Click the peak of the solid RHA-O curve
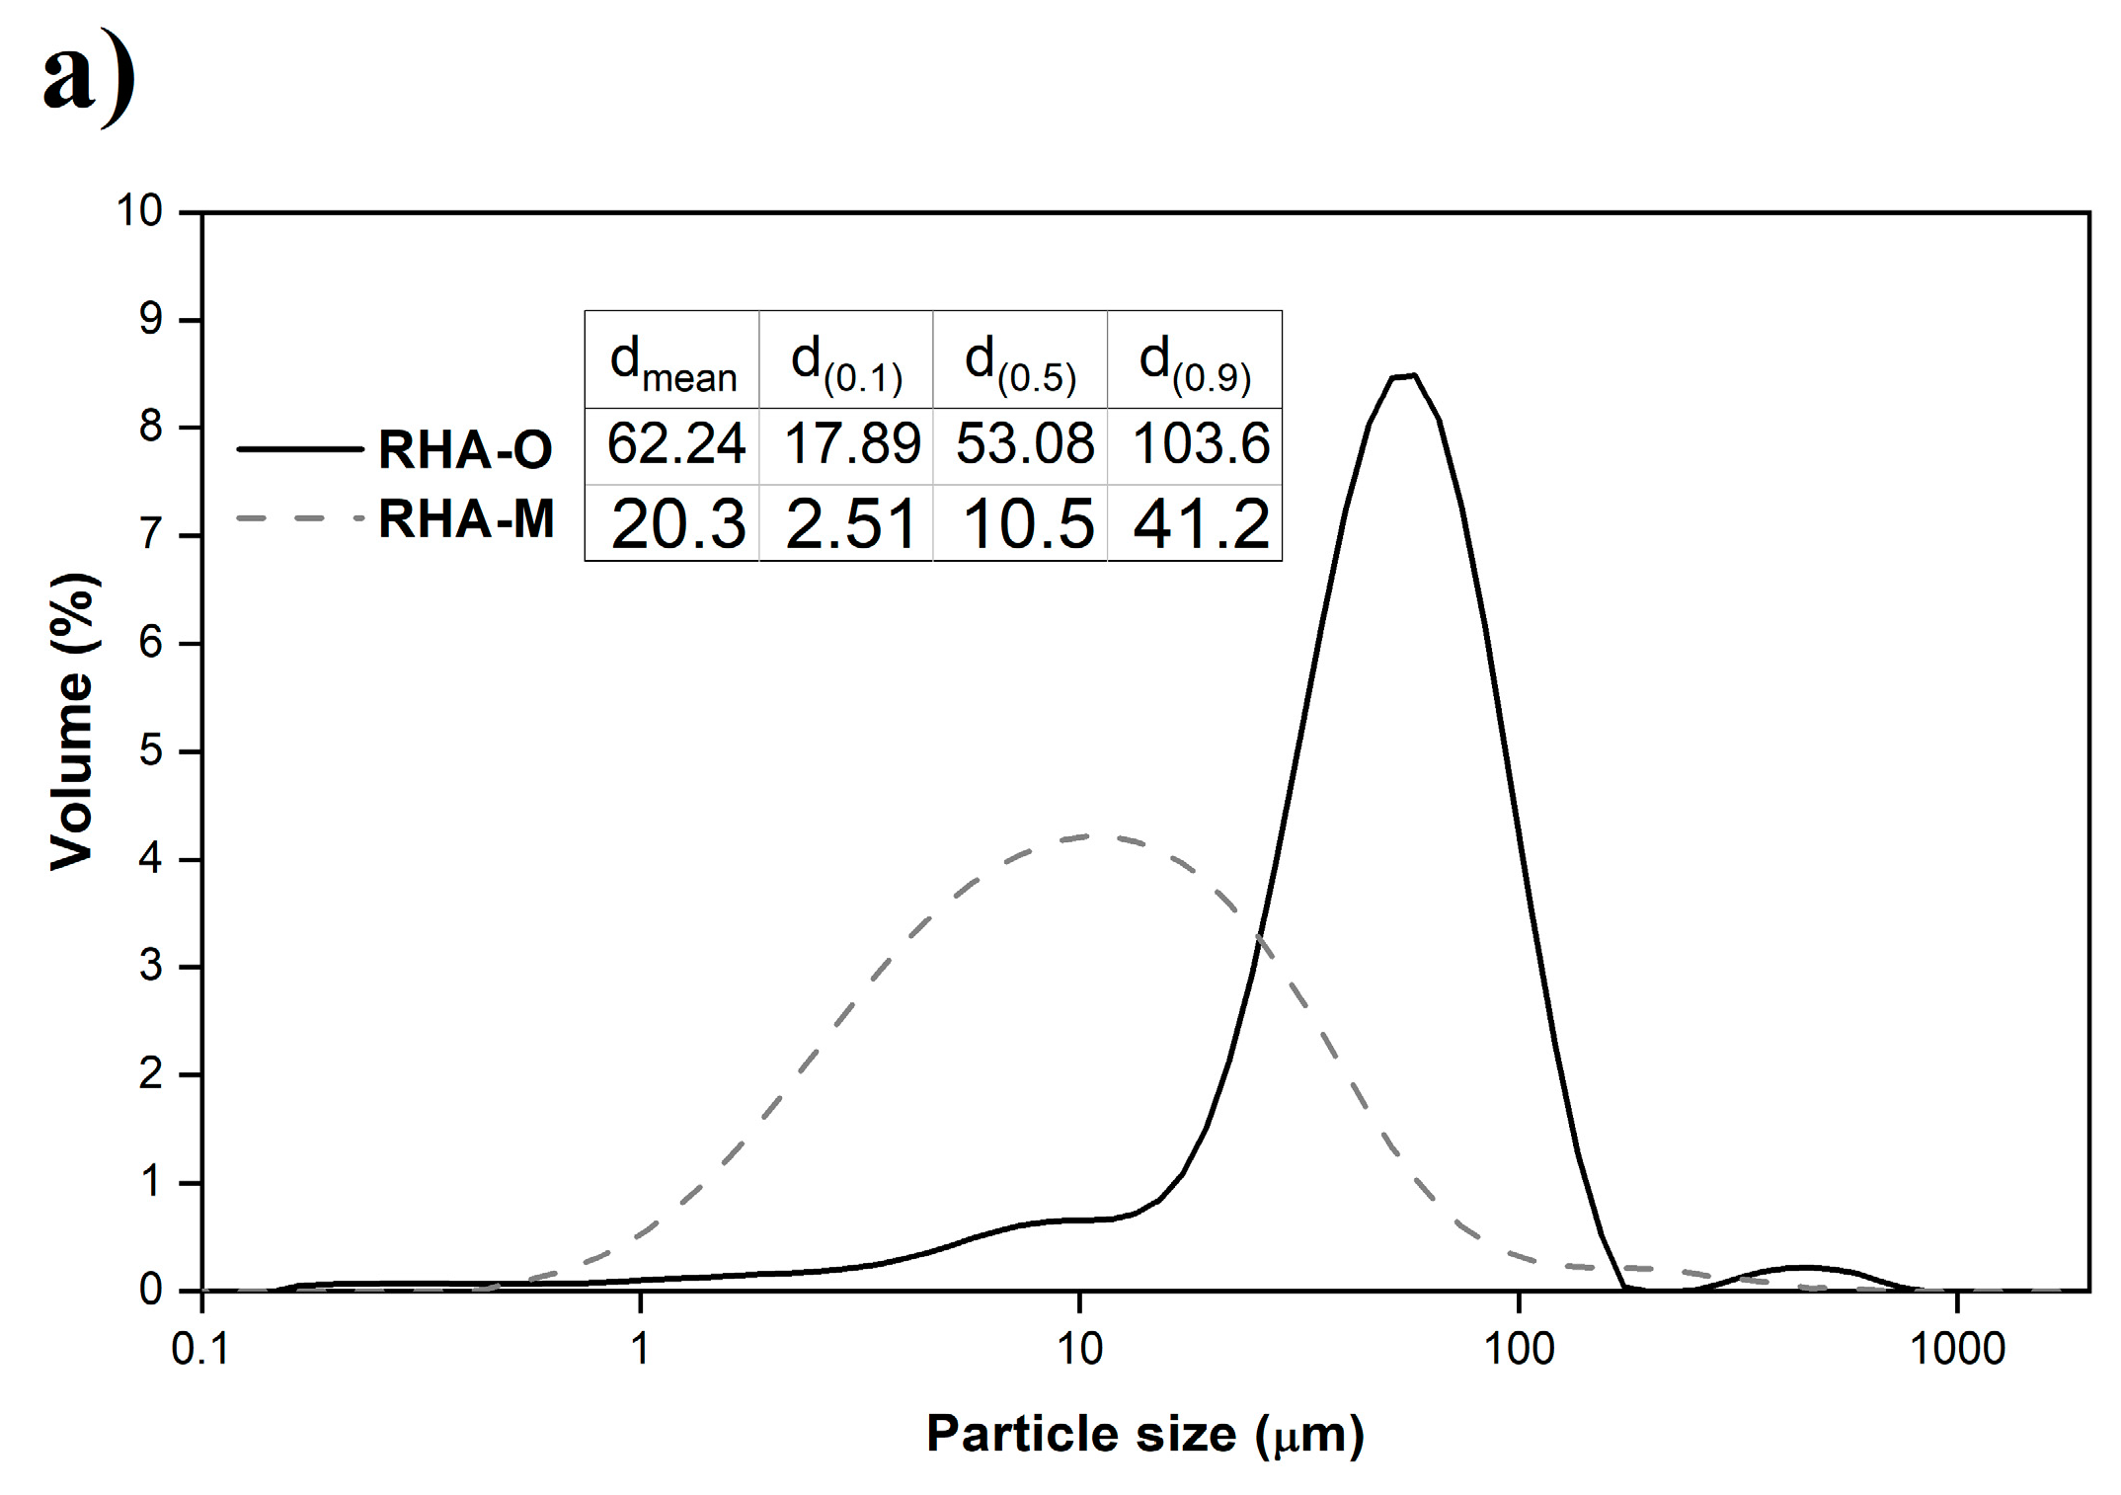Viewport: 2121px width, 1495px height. pyautogui.click(x=1403, y=375)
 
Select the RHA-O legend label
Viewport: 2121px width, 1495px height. pyautogui.click(x=465, y=449)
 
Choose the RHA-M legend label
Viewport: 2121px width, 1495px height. pyautogui.click(x=466, y=519)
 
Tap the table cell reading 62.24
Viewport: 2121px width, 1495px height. pyautogui.click(x=674, y=443)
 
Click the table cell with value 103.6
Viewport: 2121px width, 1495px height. pyautogui.click(x=1199, y=443)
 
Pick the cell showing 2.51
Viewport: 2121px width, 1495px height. pyautogui.click(x=849, y=523)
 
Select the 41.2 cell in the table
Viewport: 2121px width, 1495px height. pyautogui.click(x=1199, y=523)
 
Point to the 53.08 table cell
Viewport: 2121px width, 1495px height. pyautogui.click(x=1024, y=443)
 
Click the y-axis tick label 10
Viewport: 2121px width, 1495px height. pyautogui.click(x=139, y=210)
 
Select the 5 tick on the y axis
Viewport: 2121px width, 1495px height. pyautogui.click(x=150, y=750)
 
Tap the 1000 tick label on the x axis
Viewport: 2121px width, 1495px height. pyautogui.click(x=1957, y=1349)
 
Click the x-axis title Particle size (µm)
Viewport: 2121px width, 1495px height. pyautogui.click(x=1144, y=1434)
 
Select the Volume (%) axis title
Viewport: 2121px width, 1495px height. pyautogui.click(x=74, y=721)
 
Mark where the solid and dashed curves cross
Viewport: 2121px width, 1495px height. pyautogui.click(x=1258, y=935)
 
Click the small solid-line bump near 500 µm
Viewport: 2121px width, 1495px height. pyautogui.click(x=1803, y=1267)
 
